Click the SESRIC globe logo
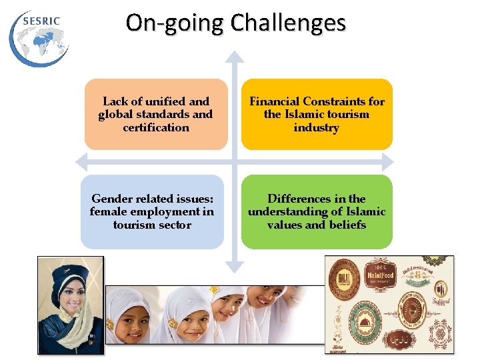pyautogui.click(x=39, y=37)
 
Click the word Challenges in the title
pyautogui.click(x=289, y=23)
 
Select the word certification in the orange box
pyautogui.click(x=156, y=127)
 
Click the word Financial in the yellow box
pyautogui.click(x=274, y=101)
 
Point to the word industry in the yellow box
pyautogui.click(x=317, y=127)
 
